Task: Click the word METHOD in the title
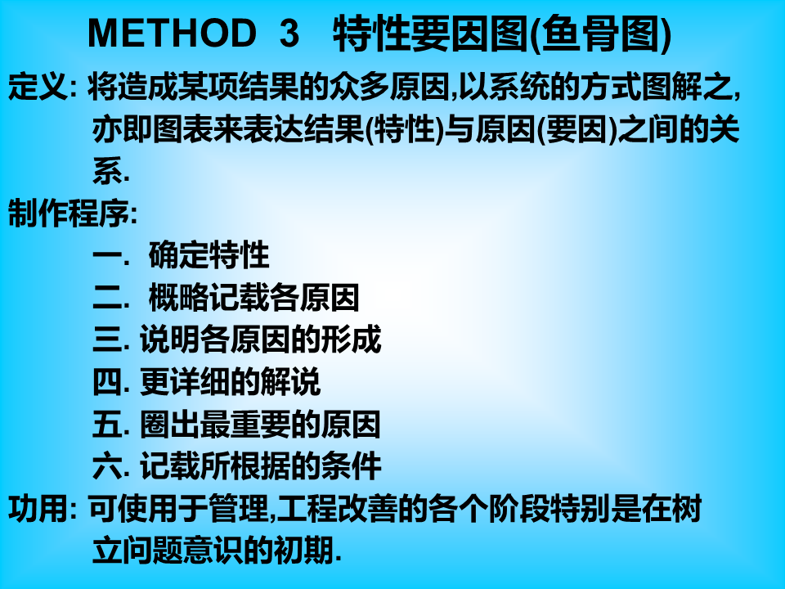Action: [x=172, y=33]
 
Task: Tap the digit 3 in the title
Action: [x=289, y=33]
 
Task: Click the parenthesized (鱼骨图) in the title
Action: [x=599, y=33]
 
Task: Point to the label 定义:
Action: [x=43, y=87]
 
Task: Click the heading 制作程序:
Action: [x=73, y=213]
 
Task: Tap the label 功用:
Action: [x=43, y=508]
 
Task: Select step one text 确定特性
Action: [x=209, y=255]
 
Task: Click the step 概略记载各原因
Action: [x=254, y=298]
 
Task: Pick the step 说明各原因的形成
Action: [x=260, y=339]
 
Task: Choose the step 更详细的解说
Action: [x=230, y=382]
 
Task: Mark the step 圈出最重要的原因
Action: [x=260, y=425]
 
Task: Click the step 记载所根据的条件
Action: [x=260, y=466]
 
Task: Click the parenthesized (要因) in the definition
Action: [x=576, y=129]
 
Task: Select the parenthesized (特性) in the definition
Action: [x=405, y=129]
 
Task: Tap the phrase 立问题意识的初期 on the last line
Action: [x=213, y=550]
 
